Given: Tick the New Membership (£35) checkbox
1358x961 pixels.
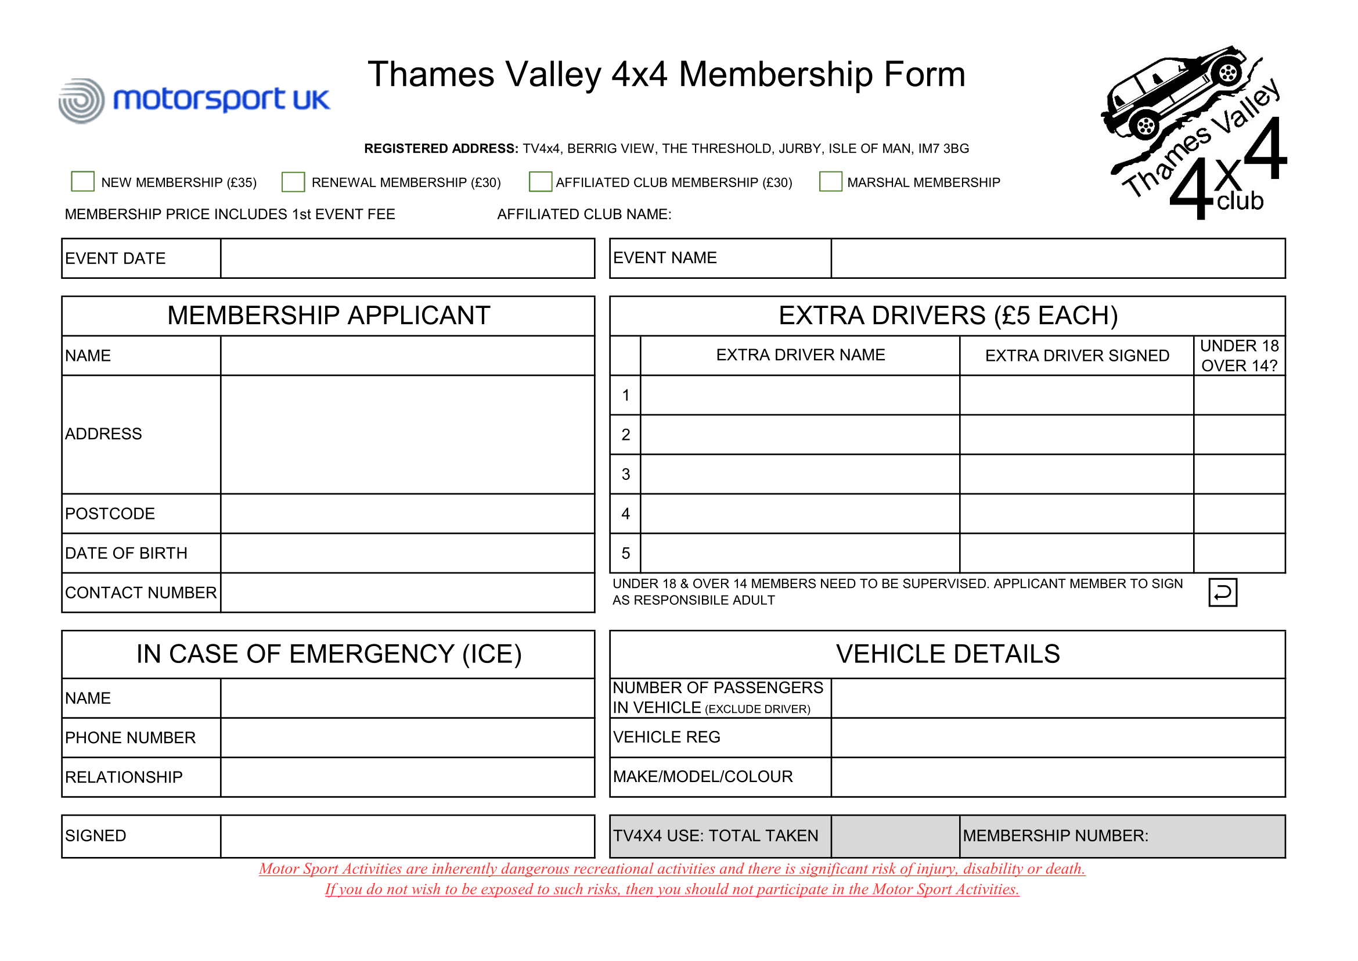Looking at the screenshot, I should point(82,181).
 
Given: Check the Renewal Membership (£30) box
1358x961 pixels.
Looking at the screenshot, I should point(293,182).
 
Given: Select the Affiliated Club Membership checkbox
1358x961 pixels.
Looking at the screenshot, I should point(540,181).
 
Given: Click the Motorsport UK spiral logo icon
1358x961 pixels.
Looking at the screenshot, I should point(82,101).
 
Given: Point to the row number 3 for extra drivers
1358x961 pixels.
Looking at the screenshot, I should point(626,475).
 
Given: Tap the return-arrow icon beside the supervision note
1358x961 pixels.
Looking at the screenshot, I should point(1223,592).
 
